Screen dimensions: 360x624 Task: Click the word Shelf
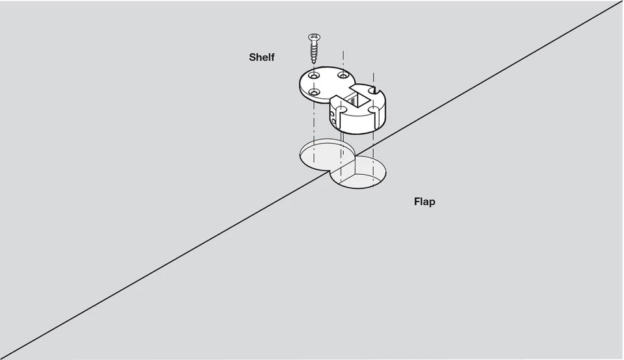point(262,57)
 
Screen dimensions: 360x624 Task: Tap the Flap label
point(424,201)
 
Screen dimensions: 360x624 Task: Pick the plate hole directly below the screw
point(314,76)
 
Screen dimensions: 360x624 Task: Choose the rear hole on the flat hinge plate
point(343,76)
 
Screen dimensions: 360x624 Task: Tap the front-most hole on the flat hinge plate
point(314,93)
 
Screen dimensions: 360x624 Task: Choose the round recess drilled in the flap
point(359,174)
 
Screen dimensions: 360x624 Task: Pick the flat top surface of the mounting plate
point(328,84)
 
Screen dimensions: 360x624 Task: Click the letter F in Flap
point(417,201)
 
